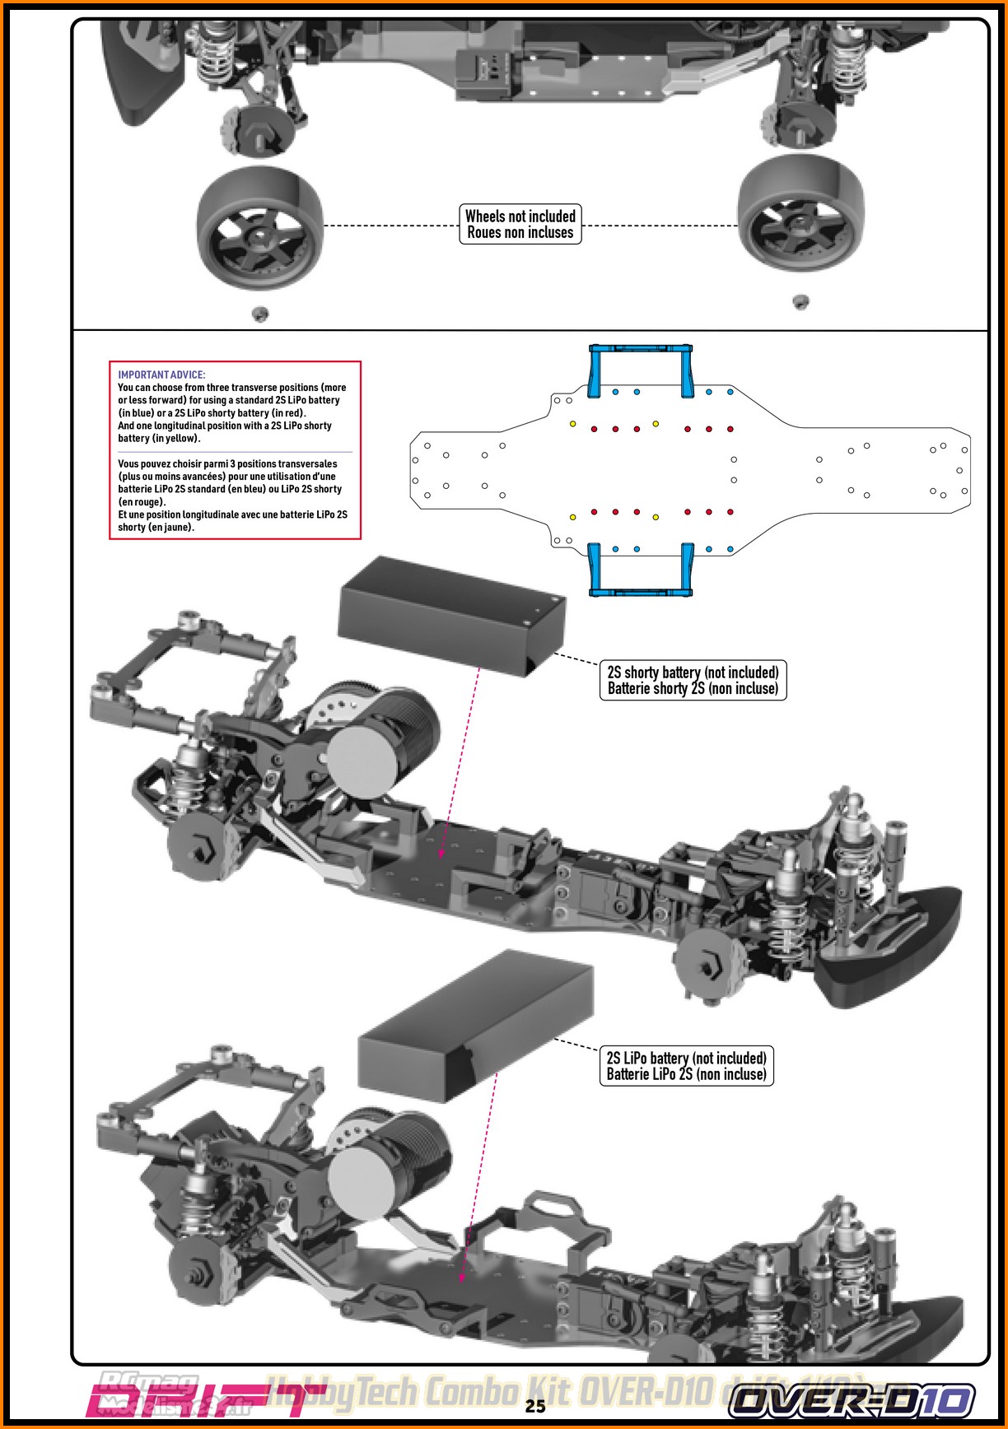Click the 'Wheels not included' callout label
[x=520, y=224]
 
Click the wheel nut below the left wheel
[x=259, y=313]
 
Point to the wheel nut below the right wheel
[x=799, y=301]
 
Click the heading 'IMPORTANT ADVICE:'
[x=161, y=375]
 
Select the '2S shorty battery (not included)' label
[x=692, y=680]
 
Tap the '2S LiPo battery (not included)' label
[x=686, y=1065]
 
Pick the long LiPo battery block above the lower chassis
[x=477, y=1026]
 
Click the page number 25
[x=535, y=1406]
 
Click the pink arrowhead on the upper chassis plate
[x=441, y=854]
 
